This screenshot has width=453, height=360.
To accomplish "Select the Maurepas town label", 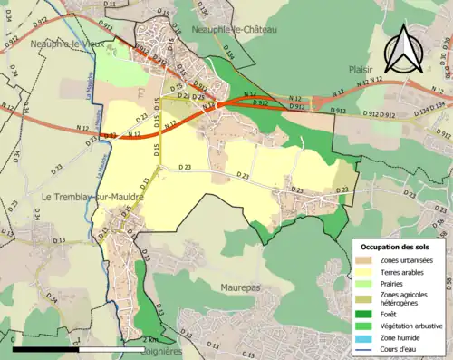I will (x=239, y=287).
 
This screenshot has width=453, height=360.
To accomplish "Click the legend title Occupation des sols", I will (x=397, y=247).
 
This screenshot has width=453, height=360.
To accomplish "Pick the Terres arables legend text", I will (x=405, y=272).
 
